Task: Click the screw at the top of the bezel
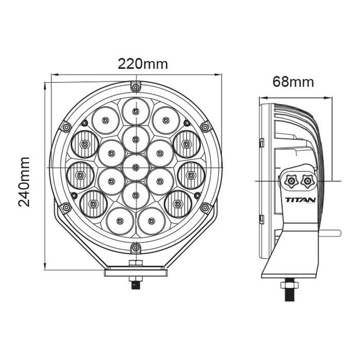click(x=135, y=85)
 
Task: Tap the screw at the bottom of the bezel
click(x=135, y=247)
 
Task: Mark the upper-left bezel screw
click(x=65, y=127)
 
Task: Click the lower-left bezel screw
click(x=65, y=207)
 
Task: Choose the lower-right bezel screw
click(x=205, y=207)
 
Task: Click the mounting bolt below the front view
click(x=135, y=283)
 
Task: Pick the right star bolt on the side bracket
click(x=308, y=179)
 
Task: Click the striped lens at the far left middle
click(x=80, y=175)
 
